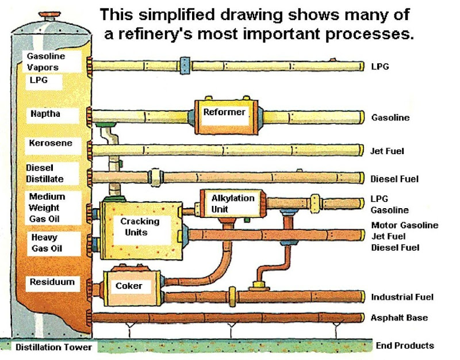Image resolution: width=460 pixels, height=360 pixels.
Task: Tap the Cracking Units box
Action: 140,227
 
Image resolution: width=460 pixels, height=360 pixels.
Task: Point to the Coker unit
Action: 129,286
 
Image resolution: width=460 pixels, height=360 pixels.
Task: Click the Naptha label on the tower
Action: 45,114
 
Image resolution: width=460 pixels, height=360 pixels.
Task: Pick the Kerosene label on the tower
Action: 51,143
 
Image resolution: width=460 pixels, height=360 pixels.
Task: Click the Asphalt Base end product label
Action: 399,318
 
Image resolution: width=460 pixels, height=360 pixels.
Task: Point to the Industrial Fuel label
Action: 402,297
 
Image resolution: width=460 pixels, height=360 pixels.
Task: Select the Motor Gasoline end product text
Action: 404,225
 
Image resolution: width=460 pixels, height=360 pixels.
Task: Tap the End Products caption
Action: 405,346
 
